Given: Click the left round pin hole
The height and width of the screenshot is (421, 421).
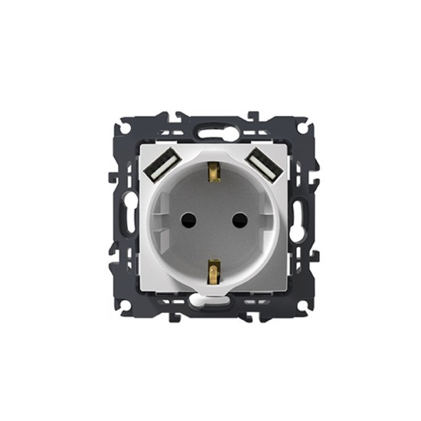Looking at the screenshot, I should coord(184,220).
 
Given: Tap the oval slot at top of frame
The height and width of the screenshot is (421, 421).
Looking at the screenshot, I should coord(210,131).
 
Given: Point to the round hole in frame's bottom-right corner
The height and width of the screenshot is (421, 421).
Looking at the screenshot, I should coord(299,305).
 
